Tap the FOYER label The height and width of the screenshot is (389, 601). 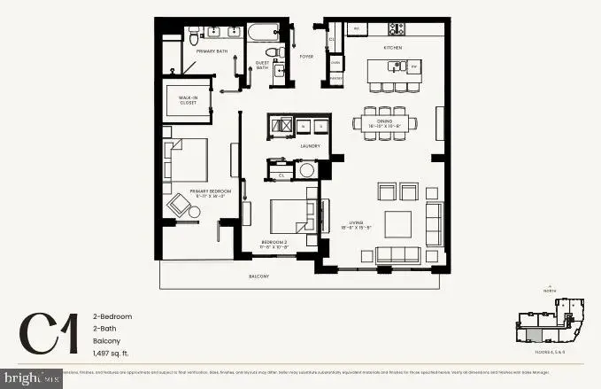click(306, 56)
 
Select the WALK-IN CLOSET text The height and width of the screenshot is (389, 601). click(187, 100)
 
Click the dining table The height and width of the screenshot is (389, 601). click(385, 123)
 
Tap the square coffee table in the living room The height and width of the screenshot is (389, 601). click(397, 223)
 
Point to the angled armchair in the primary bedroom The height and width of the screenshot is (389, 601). click(181, 205)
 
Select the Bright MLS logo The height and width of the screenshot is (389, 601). click(31, 378)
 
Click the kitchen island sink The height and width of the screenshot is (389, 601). click(412, 66)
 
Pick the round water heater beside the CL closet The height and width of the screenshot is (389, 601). click(307, 169)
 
